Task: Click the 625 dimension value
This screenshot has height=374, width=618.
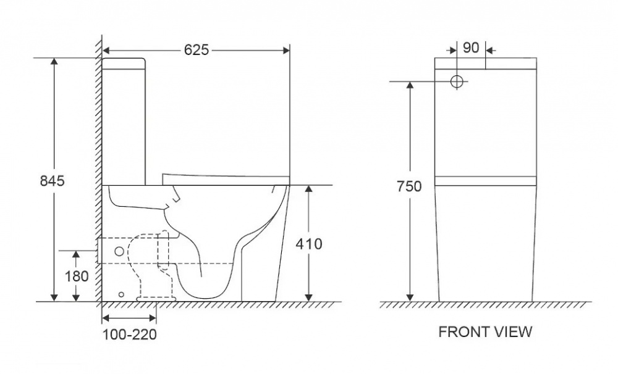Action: (197, 50)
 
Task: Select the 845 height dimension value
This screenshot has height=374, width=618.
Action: (53, 181)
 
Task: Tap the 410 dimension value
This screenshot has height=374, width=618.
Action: (309, 244)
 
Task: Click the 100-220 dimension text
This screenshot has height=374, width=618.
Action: (130, 335)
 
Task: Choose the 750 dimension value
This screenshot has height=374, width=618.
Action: (409, 186)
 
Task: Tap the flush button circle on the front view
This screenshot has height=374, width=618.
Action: (457, 81)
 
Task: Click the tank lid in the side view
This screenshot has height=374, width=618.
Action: (124, 62)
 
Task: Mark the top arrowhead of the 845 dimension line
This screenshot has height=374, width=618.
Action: (54, 62)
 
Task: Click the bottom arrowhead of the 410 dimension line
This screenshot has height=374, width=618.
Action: (309, 297)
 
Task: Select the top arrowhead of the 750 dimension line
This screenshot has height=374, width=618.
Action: (409, 86)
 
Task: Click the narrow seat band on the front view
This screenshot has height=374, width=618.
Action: (485, 181)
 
